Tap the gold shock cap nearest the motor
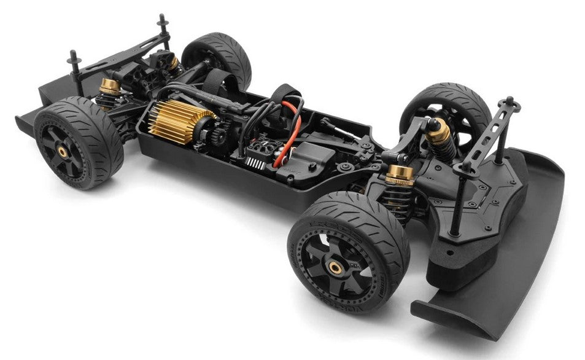point(110,87)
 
